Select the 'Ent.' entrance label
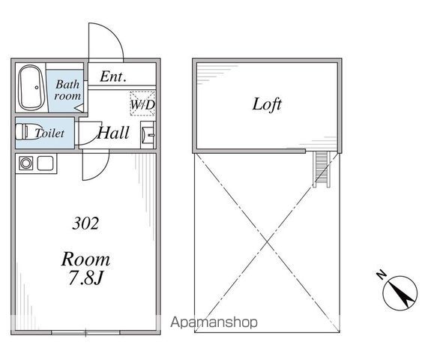113,76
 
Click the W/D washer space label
142,104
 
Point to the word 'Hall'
113,133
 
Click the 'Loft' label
266,104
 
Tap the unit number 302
85,223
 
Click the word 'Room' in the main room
85,259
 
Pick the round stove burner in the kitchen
26,163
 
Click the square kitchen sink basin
45,163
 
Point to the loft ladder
322,169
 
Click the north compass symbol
400,293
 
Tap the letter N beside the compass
381,274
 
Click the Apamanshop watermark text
214,322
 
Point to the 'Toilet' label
49,133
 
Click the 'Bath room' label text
67,90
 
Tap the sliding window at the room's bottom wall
85,332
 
